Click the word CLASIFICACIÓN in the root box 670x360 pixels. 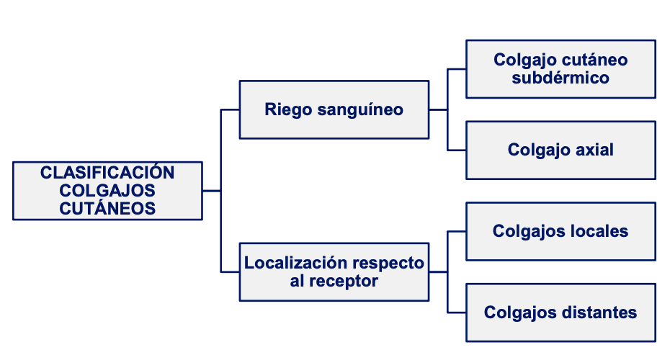pos(107,173)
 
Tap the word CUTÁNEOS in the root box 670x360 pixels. pos(107,208)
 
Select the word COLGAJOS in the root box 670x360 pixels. pos(107,190)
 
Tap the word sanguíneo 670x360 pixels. pos(358,109)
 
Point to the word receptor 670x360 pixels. pos(344,281)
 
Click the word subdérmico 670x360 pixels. pos(560,78)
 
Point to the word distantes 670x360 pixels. pos(601,312)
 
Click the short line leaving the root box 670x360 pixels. pos(211,191)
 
